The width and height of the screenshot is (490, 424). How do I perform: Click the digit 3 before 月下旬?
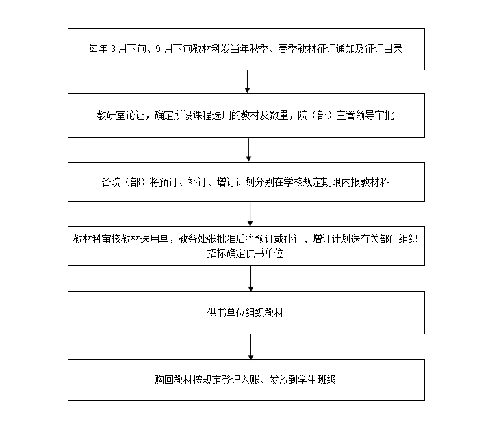click(x=113, y=49)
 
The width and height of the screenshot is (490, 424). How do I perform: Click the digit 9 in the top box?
click(x=158, y=49)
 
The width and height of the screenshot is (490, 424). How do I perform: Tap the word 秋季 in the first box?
click(x=259, y=49)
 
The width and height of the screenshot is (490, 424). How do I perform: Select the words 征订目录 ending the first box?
click(x=383, y=49)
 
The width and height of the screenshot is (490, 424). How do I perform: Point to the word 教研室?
click(x=112, y=116)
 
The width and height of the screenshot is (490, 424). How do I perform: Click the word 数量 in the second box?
click(x=279, y=116)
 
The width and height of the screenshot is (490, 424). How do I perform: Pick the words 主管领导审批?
click(x=365, y=116)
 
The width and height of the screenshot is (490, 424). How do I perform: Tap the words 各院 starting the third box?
click(x=112, y=182)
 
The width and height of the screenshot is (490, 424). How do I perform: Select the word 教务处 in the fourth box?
click(x=192, y=239)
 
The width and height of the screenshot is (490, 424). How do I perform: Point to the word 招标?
click(x=216, y=253)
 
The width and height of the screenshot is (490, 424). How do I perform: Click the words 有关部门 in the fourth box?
click(x=379, y=239)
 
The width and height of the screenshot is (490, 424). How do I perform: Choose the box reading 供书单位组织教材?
click(x=246, y=313)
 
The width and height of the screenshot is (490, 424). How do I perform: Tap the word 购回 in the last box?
click(x=164, y=380)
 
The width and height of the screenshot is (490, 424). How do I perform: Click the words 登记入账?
click(x=241, y=380)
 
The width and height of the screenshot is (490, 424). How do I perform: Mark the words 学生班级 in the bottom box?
click(x=317, y=380)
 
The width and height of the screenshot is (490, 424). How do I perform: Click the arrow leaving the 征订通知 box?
click(x=247, y=81)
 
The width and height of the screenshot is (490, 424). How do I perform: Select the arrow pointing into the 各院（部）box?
click(x=248, y=150)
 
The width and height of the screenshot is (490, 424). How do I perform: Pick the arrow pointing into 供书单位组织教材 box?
click(x=250, y=279)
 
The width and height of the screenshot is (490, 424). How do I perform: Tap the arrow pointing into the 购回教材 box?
click(x=250, y=347)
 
